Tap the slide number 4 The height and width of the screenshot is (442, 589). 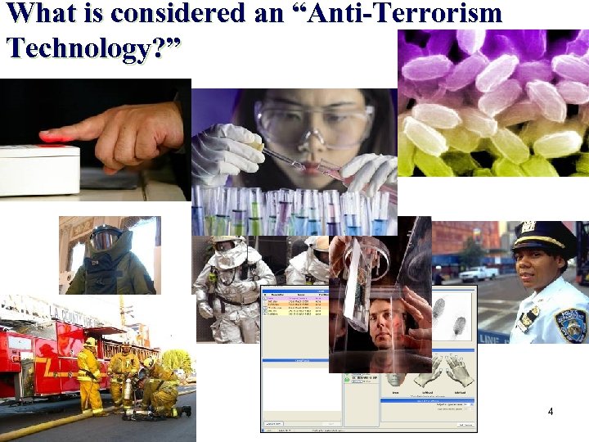(551, 412)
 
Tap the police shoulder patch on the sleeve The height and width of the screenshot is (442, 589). (570, 324)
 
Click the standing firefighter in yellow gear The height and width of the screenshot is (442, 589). (89, 377)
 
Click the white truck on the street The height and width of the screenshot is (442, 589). (479, 274)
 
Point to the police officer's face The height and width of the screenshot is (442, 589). (536, 266)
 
